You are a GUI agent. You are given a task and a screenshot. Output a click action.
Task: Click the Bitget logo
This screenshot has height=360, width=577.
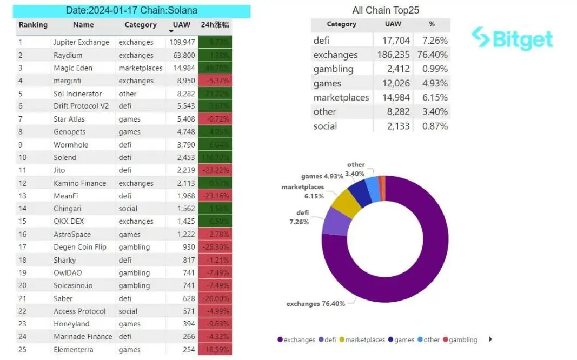click(512, 38)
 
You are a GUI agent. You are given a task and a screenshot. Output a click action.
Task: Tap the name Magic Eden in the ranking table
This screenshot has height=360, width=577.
click(73, 68)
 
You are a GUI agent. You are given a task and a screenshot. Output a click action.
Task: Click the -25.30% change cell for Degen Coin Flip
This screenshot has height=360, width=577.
click(215, 247)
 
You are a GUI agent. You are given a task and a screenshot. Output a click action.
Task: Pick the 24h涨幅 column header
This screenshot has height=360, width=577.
click(215, 25)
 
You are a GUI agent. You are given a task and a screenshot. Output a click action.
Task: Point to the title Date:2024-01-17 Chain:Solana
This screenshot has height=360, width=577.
click(131, 10)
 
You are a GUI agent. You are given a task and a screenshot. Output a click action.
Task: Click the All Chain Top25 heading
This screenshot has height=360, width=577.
click(386, 10)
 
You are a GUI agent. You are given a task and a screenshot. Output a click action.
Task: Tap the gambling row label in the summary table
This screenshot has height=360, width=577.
click(333, 69)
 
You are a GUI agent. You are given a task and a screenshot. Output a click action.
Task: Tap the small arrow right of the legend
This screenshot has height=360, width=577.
click(490, 339)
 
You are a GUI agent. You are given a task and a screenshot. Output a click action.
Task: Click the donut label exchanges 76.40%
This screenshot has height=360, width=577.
click(315, 304)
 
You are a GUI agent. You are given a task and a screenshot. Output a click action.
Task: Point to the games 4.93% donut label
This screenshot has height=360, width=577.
click(322, 176)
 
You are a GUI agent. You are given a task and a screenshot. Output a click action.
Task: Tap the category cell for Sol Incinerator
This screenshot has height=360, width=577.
click(128, 94)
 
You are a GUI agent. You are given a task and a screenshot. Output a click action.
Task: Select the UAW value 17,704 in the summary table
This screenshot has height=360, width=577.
click(393, 41)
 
